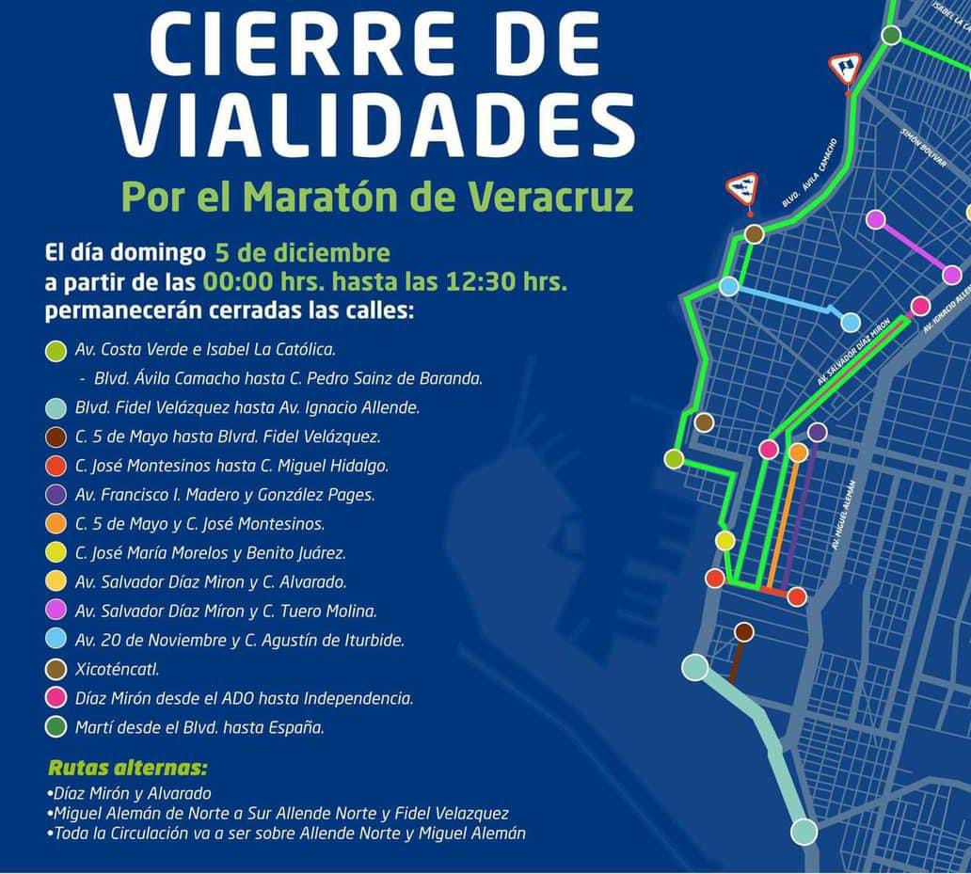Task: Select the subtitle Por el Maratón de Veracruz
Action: click(376, 197)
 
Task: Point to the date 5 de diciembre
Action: click(301, 252)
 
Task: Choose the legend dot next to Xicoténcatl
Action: click(56, 670)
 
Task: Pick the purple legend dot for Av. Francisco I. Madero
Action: click(56, 495)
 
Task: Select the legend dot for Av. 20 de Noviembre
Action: click(56, 641)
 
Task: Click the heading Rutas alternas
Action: click(127, 767)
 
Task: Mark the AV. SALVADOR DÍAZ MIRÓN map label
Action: click(853, 353)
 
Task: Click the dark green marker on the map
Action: click(891, 36)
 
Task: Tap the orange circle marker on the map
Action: click(798, 453)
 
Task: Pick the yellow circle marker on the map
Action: click(724, 540)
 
